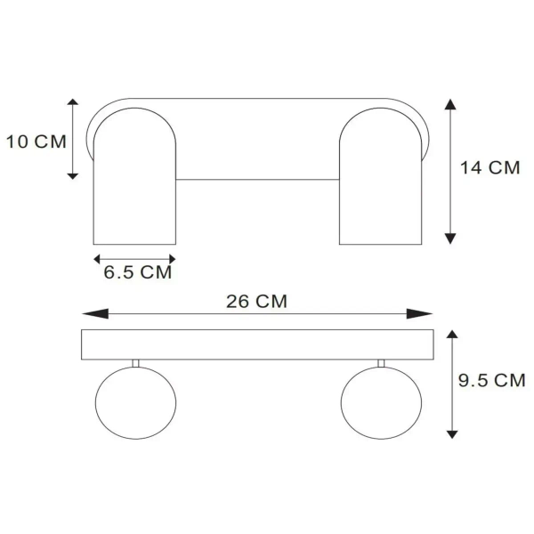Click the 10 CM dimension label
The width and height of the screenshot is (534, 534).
36,142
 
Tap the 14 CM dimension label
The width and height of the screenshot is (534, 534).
490,167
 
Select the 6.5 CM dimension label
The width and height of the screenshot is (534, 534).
138,272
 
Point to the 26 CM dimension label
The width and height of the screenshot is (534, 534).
257,302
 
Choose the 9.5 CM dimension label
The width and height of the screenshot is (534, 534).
492,380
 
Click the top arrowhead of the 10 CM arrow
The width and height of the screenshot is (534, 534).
73,101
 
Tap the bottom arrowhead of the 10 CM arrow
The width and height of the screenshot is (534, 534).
73,176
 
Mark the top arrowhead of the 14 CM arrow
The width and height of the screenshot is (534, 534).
450,104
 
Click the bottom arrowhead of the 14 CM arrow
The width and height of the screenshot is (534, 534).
450,239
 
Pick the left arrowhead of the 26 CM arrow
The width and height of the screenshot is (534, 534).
95,313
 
